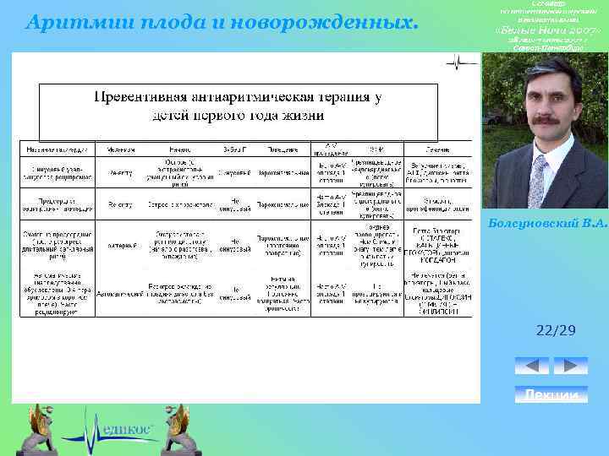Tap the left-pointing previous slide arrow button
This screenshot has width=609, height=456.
pos(531,366)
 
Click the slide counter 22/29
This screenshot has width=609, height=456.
pos(556,331)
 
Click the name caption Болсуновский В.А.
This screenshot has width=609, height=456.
pos(546,223)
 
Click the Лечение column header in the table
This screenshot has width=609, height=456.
pos(437,149)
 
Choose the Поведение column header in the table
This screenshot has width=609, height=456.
pos(283,149)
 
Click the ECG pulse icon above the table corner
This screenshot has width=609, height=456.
pos(461,62)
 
